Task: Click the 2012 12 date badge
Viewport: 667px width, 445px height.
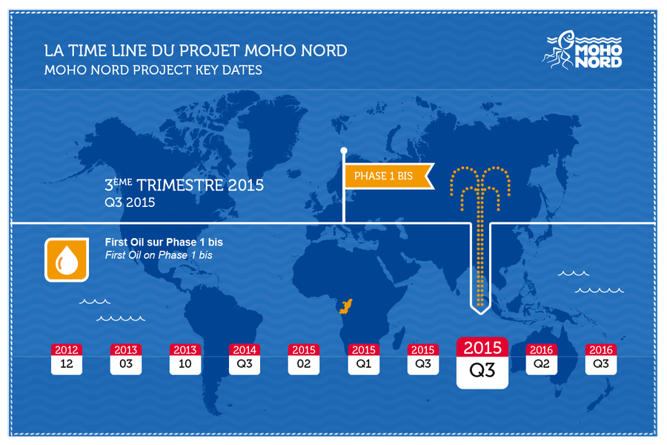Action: click(67, 359)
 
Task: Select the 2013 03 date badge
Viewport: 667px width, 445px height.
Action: click(126, 359)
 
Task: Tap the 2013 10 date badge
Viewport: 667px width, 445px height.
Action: click(185, 359)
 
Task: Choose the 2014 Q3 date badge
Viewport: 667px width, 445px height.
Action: click(245, 359)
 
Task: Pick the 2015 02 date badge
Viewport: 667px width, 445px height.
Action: click(304, 359)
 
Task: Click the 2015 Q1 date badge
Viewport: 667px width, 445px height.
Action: click(364, 359)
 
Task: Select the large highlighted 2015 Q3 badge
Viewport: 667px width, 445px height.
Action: click(482, 363)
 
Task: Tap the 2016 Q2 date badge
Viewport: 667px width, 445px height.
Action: click(542, 359)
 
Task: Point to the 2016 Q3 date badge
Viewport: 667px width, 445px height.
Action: click(601, 359)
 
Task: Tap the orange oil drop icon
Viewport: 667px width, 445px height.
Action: click(67, 260)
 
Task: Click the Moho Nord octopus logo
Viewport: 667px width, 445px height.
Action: click(583, 50)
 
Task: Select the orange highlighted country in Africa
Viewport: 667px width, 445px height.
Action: click(346, 306)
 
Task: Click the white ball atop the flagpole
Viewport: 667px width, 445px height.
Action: click(344, 151)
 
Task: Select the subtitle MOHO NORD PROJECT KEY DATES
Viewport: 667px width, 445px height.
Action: click(153, 70)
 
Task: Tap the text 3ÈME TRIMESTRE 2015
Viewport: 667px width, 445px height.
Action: click(185, 185)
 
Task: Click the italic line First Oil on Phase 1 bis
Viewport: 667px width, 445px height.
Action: click(159, 255)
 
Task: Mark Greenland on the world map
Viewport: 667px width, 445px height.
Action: click(272, 124)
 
